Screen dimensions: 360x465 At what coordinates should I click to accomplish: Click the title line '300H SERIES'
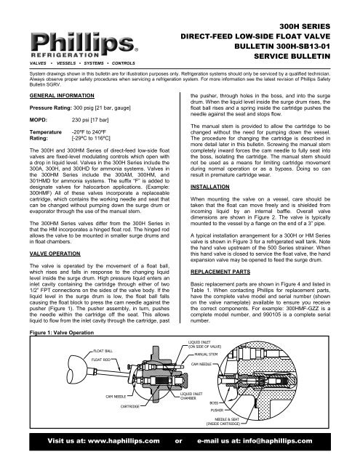tap(320, 25)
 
